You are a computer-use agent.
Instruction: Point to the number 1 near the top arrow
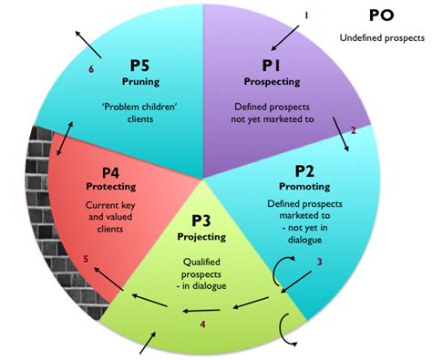[306, 15]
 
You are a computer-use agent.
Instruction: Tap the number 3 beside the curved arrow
[319, 263]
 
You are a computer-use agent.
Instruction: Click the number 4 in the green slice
[202, 324]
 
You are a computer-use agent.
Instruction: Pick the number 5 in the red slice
[86, 259]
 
